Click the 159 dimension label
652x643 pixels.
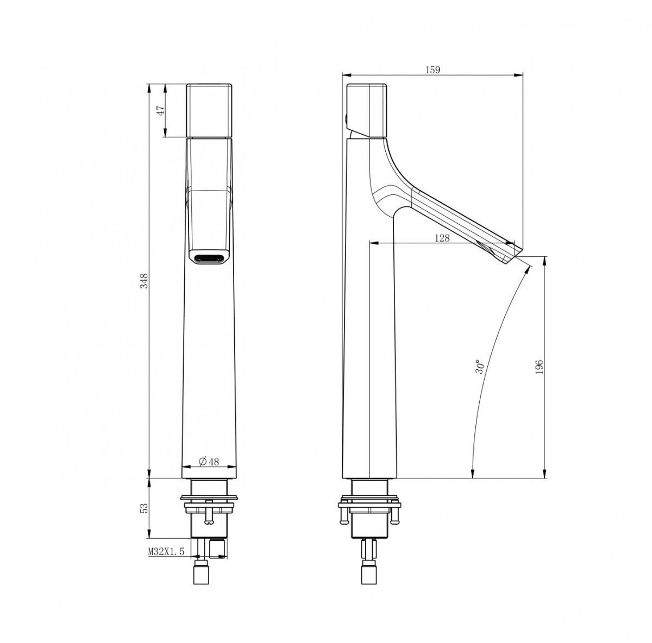point(432,70)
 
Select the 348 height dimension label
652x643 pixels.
point(145,281)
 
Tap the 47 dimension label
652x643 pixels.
point(160,110)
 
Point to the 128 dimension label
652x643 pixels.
point(442,238)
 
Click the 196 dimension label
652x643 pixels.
point(540,367)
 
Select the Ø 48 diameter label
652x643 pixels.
point(209,462)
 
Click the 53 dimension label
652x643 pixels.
point(145,508)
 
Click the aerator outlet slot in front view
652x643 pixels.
point(209,259)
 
